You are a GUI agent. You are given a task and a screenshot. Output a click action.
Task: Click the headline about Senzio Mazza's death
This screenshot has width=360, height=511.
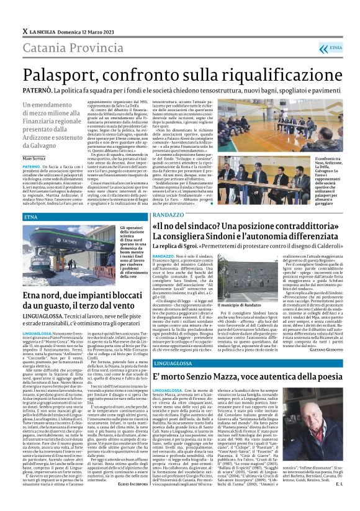[236, 377]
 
